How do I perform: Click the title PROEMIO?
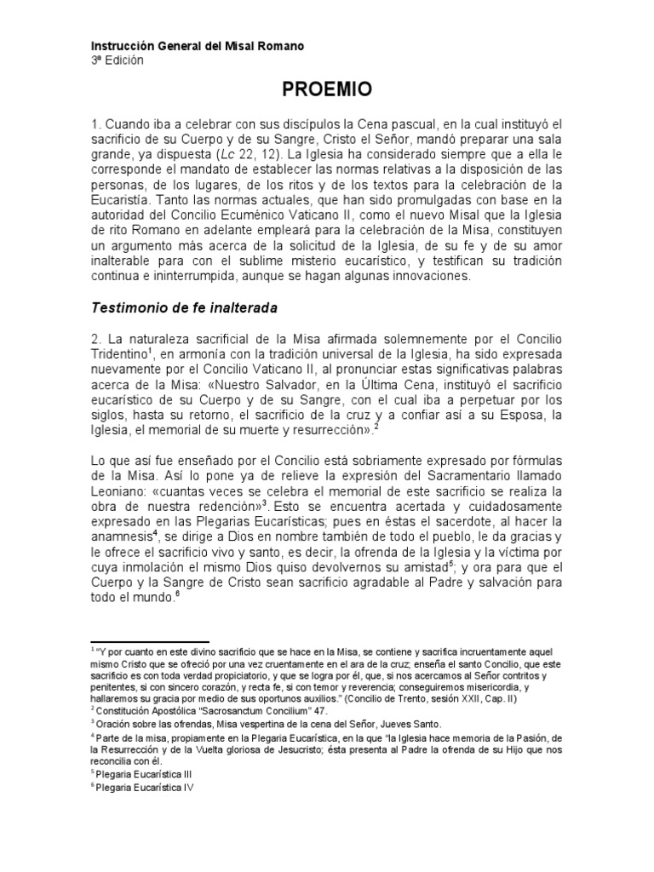[x=327, y=89]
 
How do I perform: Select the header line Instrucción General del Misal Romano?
[x=198, y=45]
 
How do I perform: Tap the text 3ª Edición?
[x=118, y=60]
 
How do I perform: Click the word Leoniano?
[x=118, y=493]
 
